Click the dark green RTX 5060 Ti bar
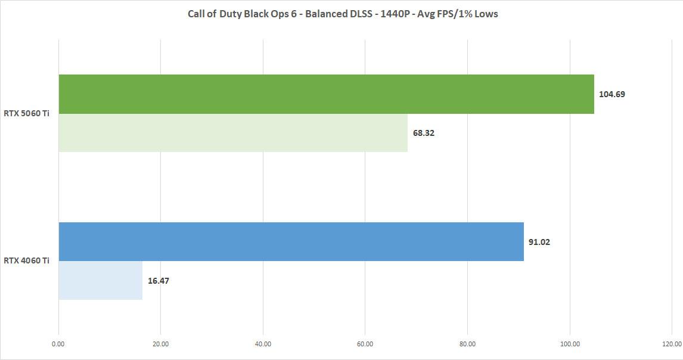pos(326,94)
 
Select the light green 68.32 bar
pos(233,133)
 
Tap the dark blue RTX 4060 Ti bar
pos(291,241)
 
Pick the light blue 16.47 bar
pos(100,280)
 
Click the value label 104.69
pos(611,94)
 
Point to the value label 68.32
pos(424,133)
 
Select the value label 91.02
pos(539,242)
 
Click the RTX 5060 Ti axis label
pos(26,113)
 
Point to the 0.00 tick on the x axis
pos(58,343)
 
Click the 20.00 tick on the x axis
pos(160,343)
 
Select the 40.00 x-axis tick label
pos(263,343)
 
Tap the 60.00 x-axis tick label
pos(365,343)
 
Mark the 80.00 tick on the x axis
pos(468,343)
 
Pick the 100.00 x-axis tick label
pos(570,343)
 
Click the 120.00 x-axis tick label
pos(672,343)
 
